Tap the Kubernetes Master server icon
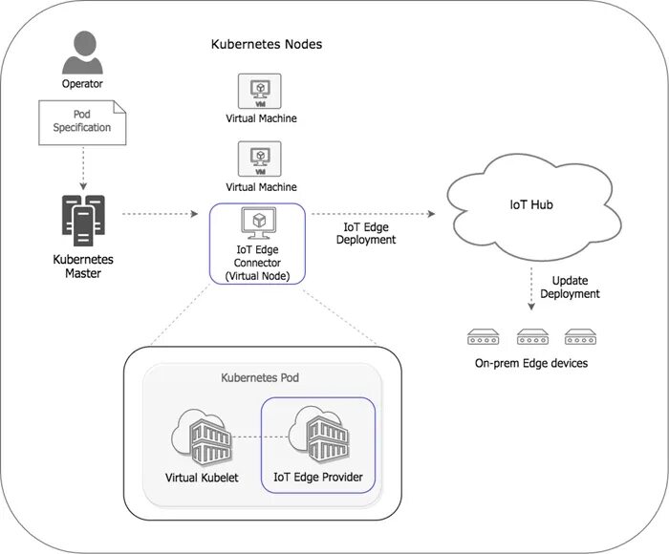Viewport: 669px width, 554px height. pyautogui.click(x=82, y=217)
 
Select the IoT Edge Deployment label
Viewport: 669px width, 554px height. pyautogui.click(x=368, y=234)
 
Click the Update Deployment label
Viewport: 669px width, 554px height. pyautogui.click(x=570, y=288)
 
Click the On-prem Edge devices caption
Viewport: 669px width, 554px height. pyautogui.click(x=531, y=363)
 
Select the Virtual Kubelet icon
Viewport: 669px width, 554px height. pyautogui.click(x=202, y=437)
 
